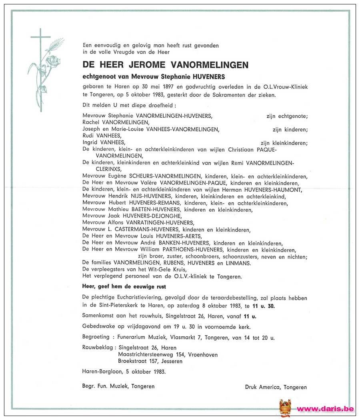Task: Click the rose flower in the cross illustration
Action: pyautogui.click(x=52, y=62)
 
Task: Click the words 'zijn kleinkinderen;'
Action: pyautogui.click(x=284, y=143)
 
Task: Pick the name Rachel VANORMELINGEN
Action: pyautogui.click(x=115, y=122)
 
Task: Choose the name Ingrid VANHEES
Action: pyautogui.click(x=104, y=142)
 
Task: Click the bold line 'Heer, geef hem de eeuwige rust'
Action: pyautogui.click(x=124, y=287)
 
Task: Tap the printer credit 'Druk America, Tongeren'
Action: pyautogui.click(x=276, y=387)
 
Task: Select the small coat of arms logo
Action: pyautogui.click(x=285, y=408)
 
